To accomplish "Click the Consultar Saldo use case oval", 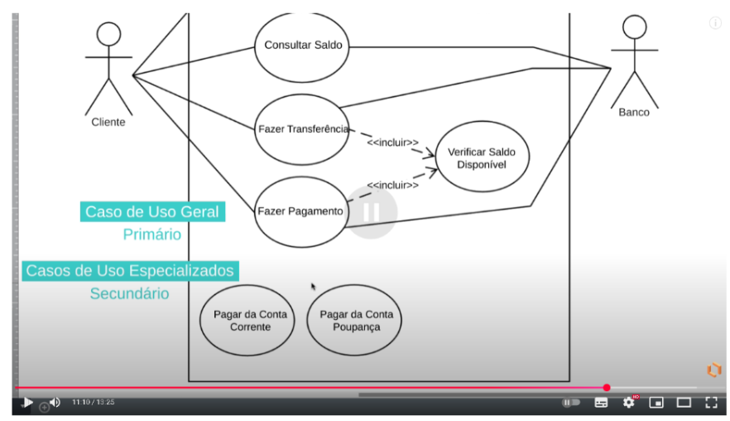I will click(x=302, y=46).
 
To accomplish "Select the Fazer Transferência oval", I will click(x=302, y=129).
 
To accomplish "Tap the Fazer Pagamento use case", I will click(x=300, y=211).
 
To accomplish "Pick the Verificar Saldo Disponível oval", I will click(x=481, y=157).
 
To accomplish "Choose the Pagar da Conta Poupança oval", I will click(x=355, y=321).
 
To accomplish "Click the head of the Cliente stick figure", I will click(x=108, y=34).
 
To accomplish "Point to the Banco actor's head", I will click(x=634, y=27).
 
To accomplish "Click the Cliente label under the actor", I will click(x=108, y=122).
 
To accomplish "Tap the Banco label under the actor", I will click(x=634, y=113).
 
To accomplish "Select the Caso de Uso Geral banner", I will click(x=152, y=212).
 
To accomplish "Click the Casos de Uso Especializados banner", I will click(x=130, y=270).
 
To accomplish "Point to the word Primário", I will click(x=151, y=235).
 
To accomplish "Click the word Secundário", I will click(x=129, y=293).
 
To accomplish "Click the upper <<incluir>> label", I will click(x=392, y=142).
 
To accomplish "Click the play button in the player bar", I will click(x=27, y=403).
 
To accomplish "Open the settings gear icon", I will click(x=628, y=403).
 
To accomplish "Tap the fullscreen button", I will click(x=711, y=403).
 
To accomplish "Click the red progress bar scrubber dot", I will click(x=607, y=388).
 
